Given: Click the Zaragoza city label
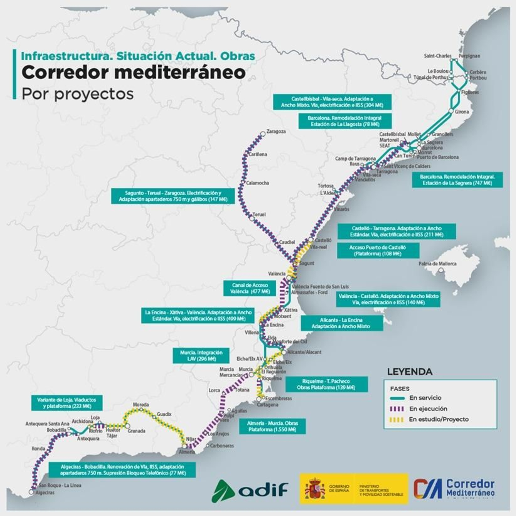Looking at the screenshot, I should click(x=276, y=132).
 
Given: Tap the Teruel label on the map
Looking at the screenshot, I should click(x=259, y=214).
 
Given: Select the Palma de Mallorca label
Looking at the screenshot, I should click(x=437, y=264).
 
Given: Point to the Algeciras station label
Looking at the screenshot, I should click(x=45, y=493).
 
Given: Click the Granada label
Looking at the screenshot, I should click(x=136, y=431).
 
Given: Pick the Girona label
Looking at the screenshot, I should click(x=462, y=112).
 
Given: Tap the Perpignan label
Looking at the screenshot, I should click(x=469, y=56).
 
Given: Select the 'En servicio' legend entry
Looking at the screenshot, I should click(x=425, y=398).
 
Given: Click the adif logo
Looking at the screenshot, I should click(x=250, y=491).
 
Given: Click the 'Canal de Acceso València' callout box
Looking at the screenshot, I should click(x=250, y=288).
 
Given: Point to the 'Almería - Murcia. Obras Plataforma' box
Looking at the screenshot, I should click(x=272, y=426).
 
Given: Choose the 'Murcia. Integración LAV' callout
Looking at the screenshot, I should click(x=201, y=356).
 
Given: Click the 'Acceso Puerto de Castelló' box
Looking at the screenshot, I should click(x=378, y=251).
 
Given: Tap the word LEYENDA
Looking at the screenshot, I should click(x=410, y=372).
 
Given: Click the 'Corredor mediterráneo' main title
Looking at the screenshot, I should click(x=134, y=73).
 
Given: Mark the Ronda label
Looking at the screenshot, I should click(x=38, y=449).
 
